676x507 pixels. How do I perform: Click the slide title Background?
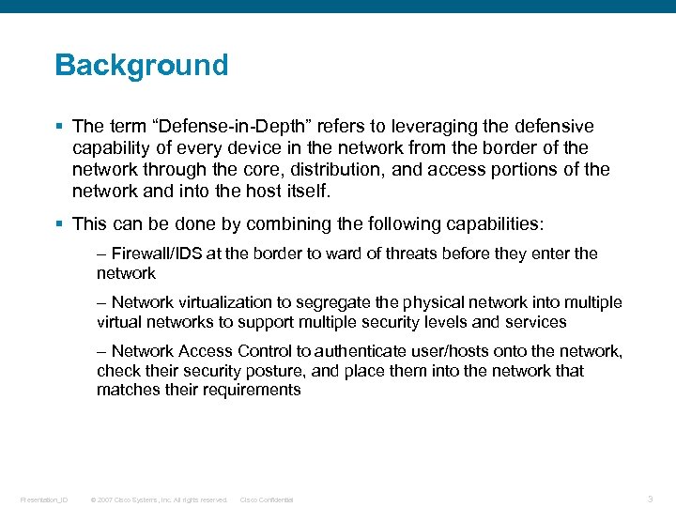(x=141, y=65)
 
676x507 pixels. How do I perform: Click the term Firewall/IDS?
(x=153, y=253)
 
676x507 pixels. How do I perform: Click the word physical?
(x=431, y=302)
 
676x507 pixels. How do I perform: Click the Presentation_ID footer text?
(x=43, y=499)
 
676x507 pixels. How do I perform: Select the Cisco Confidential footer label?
(x=267, y=499)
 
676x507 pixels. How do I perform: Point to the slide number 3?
(x=650, y=499)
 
